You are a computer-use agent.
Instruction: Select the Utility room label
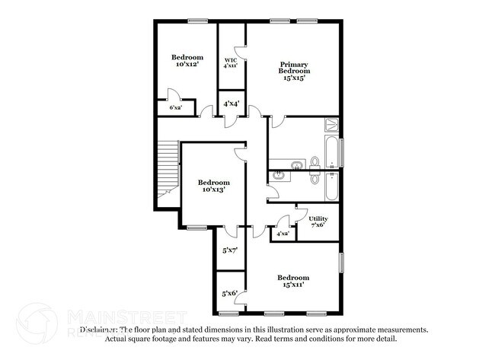click(x=318, y=222)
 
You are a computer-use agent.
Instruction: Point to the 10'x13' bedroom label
click(x=214, y=186)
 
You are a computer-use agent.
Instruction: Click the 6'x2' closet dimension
click(x=176, y=108)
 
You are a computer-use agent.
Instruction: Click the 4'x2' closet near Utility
click(x=283, y=234)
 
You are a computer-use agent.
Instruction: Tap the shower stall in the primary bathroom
click(x=332, y=126)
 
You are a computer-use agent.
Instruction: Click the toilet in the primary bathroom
click(x=314, y=162)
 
